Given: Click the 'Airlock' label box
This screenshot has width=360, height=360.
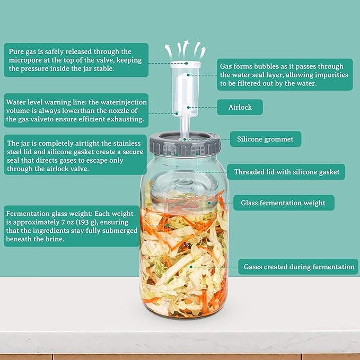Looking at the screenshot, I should coord(240,107).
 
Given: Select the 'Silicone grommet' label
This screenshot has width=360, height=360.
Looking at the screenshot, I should coord(266,139).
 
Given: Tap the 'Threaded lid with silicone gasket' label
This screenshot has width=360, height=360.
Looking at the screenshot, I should coord(286,172).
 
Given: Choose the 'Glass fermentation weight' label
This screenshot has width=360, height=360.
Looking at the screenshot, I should coord(284,203).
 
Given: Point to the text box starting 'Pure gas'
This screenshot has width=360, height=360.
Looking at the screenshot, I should coord(76,60).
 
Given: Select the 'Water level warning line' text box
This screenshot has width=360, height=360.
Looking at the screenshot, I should coord(76,110).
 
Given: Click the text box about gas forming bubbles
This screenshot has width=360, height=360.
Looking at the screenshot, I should coord(285,74).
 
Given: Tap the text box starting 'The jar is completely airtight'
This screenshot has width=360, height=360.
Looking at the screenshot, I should coord(75,155).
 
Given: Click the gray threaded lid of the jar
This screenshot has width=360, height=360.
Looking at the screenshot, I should coord(184,146).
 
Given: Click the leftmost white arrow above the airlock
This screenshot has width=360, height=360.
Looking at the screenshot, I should coord(168,51).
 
